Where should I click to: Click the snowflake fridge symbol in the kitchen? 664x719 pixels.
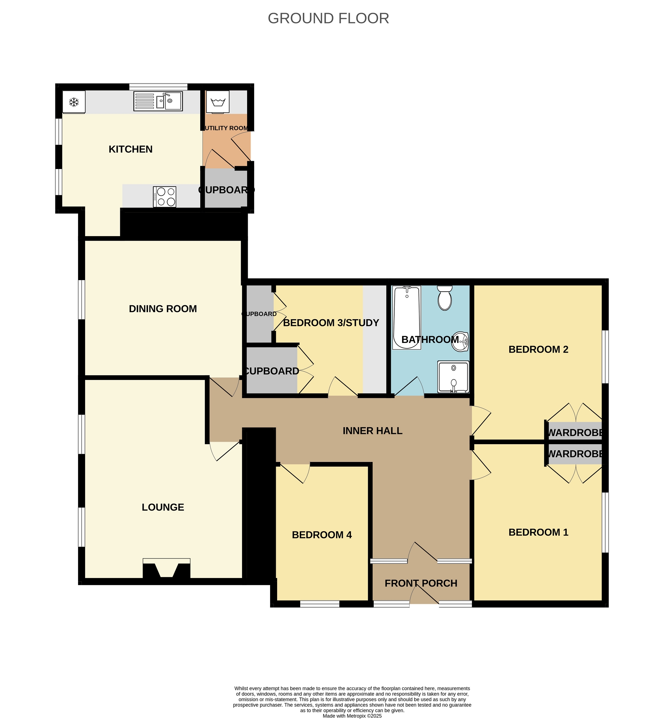[74, 103]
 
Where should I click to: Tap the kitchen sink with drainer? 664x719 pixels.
[158, 101]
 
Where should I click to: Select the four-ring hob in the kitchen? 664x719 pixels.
[165, 197]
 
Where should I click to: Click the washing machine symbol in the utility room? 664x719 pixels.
[218, 102]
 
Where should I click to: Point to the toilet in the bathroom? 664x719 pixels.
[445, 298]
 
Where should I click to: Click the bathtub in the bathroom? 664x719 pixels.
[407, 317]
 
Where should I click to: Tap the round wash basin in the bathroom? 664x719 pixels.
[460, 342]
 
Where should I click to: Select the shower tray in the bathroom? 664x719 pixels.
[454, 377]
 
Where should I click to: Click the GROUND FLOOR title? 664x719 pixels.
[328, 18]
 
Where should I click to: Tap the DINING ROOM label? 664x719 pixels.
[163, 309]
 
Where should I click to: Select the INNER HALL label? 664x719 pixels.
[373, 431]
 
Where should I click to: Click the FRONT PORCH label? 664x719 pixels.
[421, 583]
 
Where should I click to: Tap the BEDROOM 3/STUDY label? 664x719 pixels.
[331, 323]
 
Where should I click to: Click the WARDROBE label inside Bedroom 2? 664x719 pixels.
[575, 432]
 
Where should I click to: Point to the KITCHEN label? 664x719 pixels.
[131, 149]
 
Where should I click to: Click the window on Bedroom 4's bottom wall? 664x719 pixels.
[320, 604]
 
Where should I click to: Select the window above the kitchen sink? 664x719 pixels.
[158, 87]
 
